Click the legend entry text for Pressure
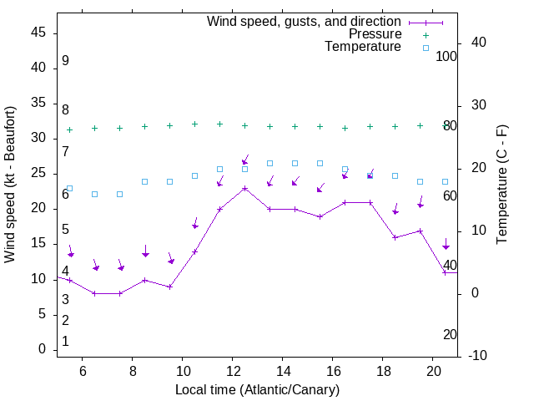pos(375,34)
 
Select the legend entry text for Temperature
pos(363,48)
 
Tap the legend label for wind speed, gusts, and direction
pos(305,21)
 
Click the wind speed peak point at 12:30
pos(244,188)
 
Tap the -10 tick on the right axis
pos(478,356)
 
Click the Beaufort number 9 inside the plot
pos(65,61)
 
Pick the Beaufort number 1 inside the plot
pos(65,341)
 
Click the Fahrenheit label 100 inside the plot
pos(446,57)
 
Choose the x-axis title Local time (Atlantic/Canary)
pos(258,389)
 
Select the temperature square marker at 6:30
pos(94,194)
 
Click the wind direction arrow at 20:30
pos(446,245)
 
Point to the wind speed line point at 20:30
pos(445,272)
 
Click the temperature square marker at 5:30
pos(69,188)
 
